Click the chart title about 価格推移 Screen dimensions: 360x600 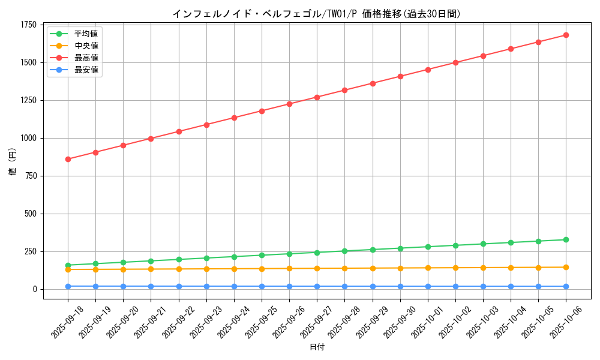tap(316, 13)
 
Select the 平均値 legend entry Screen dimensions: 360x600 tap(86, 34)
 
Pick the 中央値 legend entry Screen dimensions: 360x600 tap(86, 46)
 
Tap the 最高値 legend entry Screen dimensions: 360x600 tap(86, 58)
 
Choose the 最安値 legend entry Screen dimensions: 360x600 tap(86, 70)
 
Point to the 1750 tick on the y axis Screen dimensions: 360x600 tap(29, 25)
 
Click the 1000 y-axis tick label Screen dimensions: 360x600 tap(29, 138)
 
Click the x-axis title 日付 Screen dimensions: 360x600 tap(316, 347)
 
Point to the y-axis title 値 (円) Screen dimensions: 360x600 tap(12, 162)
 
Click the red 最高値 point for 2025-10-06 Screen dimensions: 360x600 tap(566, 35)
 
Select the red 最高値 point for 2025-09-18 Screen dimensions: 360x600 tap(68, 159)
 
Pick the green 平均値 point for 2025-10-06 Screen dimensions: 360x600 tap(566, 240)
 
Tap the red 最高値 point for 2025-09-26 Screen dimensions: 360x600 tap(289, 104)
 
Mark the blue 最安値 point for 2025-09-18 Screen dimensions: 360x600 tap(68, 286)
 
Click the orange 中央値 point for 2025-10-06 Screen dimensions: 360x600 tap(566, 267)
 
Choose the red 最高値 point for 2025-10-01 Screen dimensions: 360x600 tap(428, 70)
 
